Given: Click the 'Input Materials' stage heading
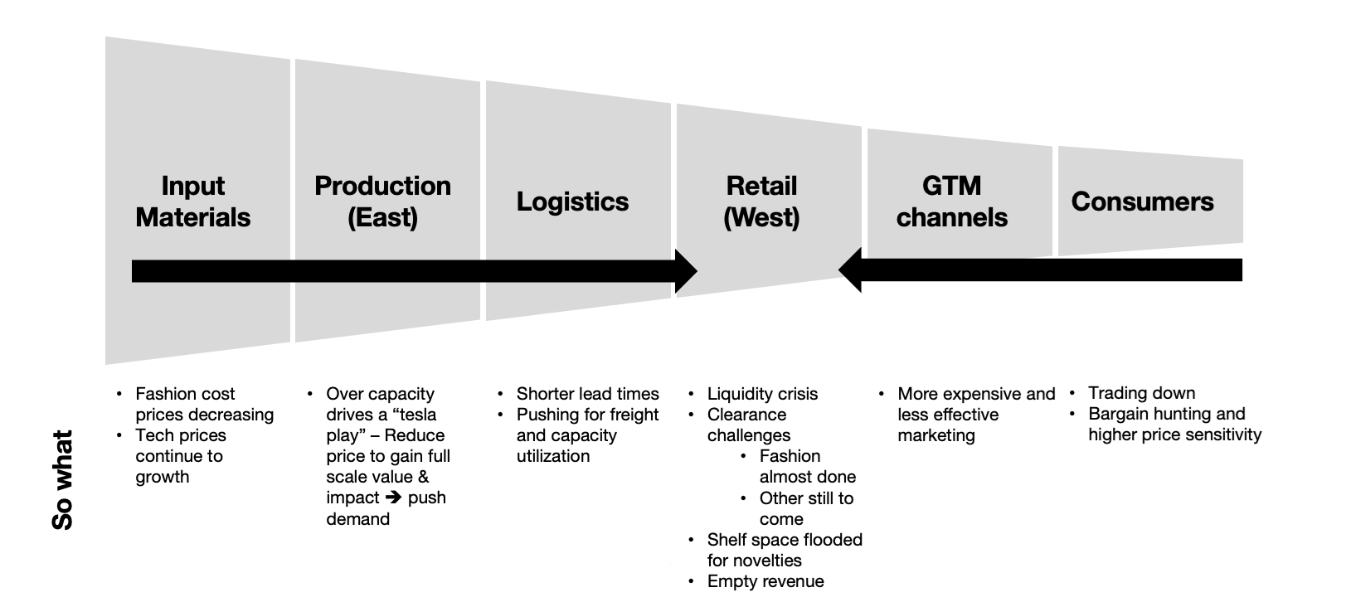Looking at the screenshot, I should pos(192,201).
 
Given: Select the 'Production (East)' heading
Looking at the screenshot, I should pos(382,201).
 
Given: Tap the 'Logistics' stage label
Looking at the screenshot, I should pos(572,201).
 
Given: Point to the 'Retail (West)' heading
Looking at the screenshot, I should pos(761,201).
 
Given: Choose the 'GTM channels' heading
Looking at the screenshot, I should pos(951,201).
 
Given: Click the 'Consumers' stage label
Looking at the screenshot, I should pos(1142,201).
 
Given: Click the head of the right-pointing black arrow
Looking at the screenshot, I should pos(686,271).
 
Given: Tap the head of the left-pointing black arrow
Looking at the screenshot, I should pos(851,270).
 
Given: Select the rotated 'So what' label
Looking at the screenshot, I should pos(63,479).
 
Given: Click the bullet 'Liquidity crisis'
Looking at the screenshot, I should pos(761,394).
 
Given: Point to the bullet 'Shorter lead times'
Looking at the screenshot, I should pos(587,394).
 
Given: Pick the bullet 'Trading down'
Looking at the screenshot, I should pos(1141,393).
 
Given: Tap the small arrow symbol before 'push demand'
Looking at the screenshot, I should pos(393,498).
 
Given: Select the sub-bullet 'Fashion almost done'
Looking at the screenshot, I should pos(806,467).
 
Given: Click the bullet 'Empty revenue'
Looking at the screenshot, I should pos(765,581).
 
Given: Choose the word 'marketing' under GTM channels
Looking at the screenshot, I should pos(935,435).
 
